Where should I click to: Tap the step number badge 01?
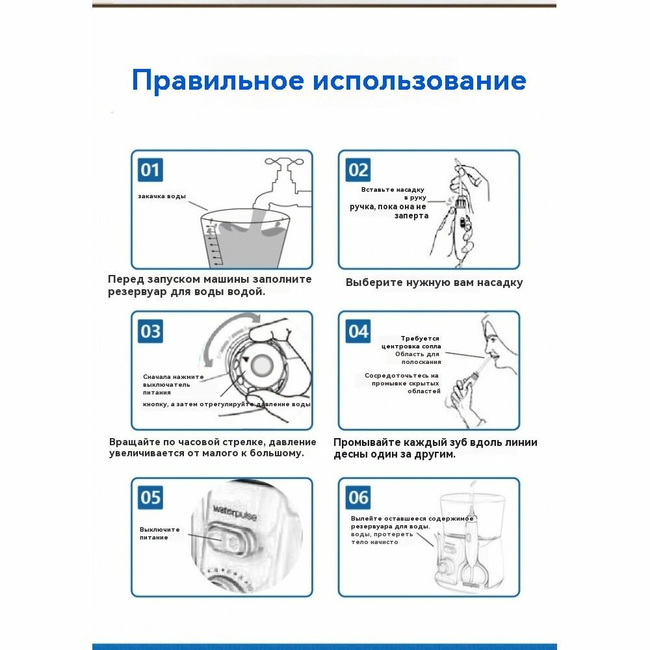pyautogui.click(x=150, y=170)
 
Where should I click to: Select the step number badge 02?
pyautogui.click(x=358, y=170)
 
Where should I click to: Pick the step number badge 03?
pyautogui.click(x=150, y=331)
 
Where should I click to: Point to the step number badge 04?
pyautogui.click(x=358, y=331)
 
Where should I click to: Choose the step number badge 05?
pyautogui.click(x=150, y=498)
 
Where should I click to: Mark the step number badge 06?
pyautogui.click(x=358, y=498)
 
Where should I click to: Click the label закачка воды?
pyautogui.click(x=162, y=196)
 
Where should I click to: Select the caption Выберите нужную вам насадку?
pyautogui.click(x=434, y=283)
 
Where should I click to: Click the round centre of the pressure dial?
pyautogui.click(x=264, y=366)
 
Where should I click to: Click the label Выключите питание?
pyautogui.click(x=159, y=533)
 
